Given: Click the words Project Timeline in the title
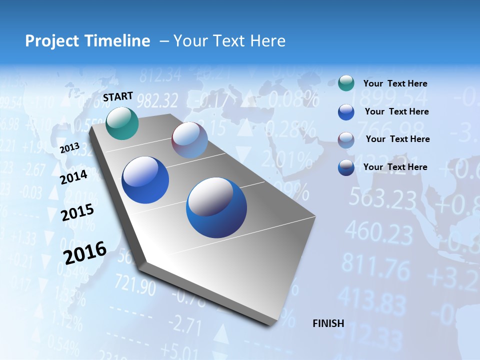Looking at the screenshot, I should point(87,41).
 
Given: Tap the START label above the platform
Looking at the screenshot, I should point(118,96).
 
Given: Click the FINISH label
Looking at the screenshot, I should point(328,323).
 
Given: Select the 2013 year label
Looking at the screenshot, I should point(69,148).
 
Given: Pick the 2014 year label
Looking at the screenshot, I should point(74,177).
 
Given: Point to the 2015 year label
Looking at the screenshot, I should point(77,212).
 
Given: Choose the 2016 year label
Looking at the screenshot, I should point(85,253).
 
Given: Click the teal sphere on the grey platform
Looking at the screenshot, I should point(122,123).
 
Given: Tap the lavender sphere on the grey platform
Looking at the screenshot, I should point(189,140).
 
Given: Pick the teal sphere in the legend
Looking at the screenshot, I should point(346,83).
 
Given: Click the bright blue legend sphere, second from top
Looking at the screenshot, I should point(346,112).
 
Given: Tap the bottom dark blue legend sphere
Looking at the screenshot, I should point(346,167).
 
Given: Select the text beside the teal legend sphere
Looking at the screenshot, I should point(395,84).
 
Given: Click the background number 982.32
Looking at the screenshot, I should point(157,101).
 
